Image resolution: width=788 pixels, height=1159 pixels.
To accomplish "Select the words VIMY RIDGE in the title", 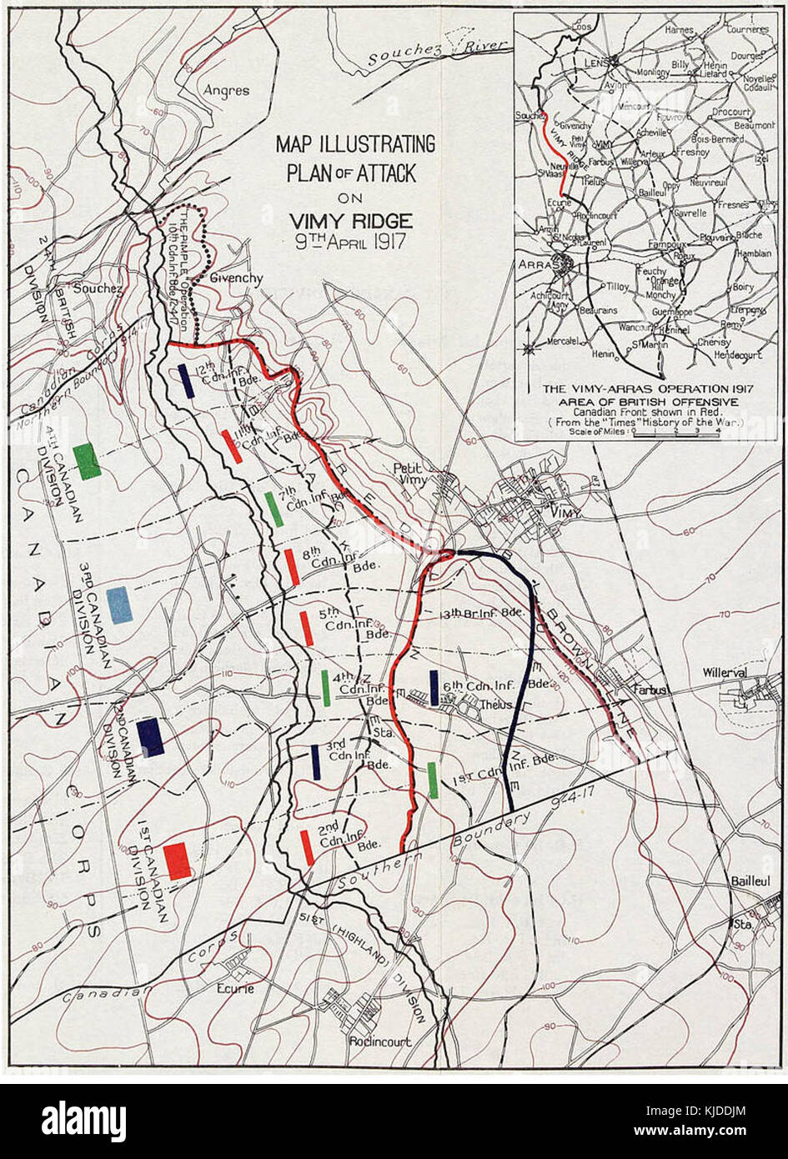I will point(350,221).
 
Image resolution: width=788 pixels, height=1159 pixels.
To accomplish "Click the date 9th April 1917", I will point(350,246).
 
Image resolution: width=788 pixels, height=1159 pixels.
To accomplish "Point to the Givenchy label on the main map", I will point(236,278).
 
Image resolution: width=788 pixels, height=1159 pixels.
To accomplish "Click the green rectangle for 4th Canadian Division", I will point(87,461).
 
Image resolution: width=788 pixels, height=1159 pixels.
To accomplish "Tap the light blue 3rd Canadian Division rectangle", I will point(119,605).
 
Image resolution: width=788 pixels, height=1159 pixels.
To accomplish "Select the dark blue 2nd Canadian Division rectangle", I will point(150,737).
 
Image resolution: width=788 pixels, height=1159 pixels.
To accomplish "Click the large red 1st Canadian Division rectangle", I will point(177,860).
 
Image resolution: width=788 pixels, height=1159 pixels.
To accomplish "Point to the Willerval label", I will point(723,671).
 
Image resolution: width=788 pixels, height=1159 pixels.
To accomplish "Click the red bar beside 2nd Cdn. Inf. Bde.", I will point(307,847).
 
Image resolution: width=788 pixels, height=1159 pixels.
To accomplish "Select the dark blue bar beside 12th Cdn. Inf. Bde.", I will point(187,381).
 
